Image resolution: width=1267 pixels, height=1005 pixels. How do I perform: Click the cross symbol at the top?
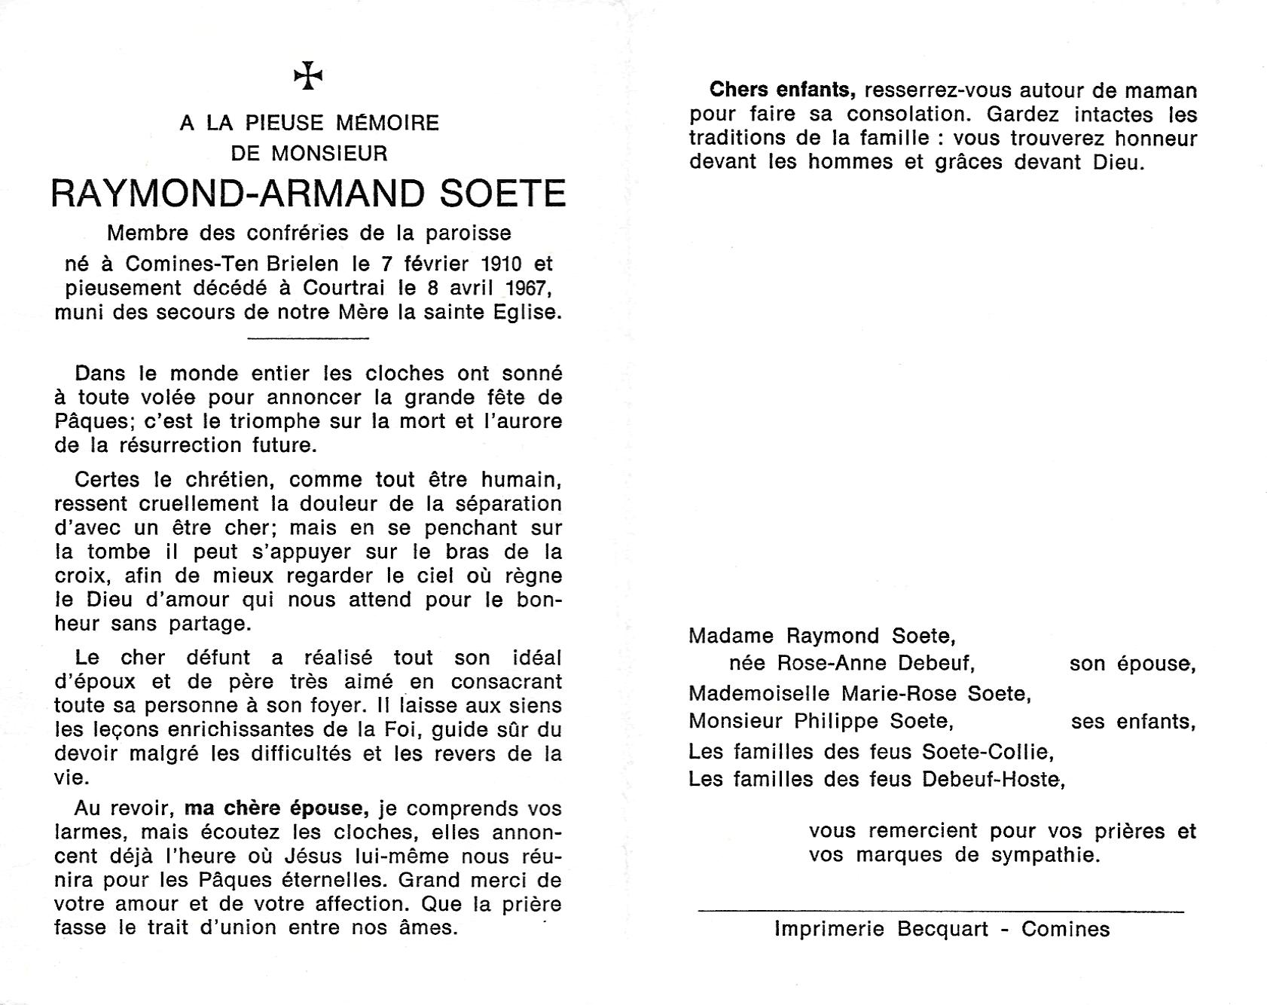(308, 76)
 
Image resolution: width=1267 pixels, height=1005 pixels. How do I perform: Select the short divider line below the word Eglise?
(308, 338)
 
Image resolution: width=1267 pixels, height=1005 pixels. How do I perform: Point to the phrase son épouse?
(1131, 664)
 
